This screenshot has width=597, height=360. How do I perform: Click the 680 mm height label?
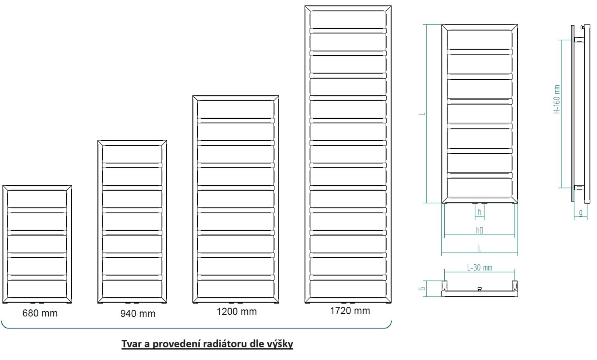click(40, 313)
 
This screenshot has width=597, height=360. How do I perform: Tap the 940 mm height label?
click(137, 314)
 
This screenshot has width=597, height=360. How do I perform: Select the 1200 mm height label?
click(236, 312)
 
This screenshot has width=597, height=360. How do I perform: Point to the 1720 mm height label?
click(350, 311)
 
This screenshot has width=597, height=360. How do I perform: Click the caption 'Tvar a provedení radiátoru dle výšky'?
click(207, 344)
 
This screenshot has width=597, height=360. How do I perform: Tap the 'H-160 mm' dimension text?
click(557, 99)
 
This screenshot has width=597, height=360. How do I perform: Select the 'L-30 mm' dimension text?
click(479, 268)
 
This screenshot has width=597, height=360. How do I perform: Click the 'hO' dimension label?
click(479, 230)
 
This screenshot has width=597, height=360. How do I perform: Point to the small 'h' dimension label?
click(479, 212)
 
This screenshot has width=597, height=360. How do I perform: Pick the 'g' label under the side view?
click(581, 213)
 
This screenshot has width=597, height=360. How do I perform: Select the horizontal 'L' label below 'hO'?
click(479, 248)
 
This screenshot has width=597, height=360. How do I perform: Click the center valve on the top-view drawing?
click(479, 289)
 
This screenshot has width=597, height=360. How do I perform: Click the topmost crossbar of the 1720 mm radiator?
click(348, 31)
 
